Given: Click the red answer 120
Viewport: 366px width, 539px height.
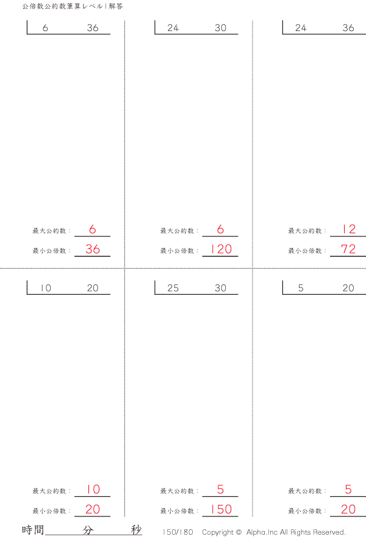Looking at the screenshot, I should (x=220, y=249).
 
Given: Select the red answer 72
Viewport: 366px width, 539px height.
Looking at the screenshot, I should (x=348, y=249).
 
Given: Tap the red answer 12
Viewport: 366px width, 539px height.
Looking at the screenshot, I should (x=348, y=230).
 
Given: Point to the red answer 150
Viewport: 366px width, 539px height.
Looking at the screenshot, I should (x=220, y=509).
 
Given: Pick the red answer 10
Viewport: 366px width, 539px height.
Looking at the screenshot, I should (x=93, y=490).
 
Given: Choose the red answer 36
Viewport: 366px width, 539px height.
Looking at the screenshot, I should (x=93, y=249).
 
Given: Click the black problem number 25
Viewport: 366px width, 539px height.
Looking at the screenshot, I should (x=173, y=289).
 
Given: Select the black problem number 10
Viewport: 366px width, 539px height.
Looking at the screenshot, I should (x=46, y=289).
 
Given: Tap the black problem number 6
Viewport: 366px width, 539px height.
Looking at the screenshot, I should (x=46, y=28).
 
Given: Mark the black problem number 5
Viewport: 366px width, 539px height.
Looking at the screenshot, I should (x=301, y=289).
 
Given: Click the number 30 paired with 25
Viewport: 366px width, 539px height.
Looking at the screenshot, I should (x=220, y=289).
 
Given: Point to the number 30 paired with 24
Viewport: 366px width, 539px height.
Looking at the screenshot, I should (x=220, y=28).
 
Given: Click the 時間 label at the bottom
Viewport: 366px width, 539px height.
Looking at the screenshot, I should (x=32, y=530).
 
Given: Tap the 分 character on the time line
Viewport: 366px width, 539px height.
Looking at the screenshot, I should (x=88, y=530).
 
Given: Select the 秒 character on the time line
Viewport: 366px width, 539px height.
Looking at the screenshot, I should (x=136, y=530).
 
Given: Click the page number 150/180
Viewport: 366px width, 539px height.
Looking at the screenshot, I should (x=178, y=532).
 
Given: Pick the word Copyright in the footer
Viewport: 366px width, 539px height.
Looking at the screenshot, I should (x=218, y=532).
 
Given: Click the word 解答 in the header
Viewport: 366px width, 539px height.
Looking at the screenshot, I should (x=116, y=6).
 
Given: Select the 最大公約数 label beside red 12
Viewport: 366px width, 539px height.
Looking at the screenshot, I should (x=304, y=231).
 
